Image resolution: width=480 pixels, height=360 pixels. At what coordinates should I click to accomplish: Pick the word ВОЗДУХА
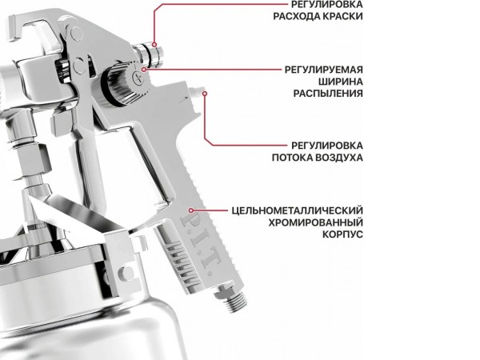[340, 158]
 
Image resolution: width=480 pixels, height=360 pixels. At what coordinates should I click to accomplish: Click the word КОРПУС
[342, 234]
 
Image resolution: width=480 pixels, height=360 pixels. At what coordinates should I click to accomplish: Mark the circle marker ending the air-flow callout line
[205, 94]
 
